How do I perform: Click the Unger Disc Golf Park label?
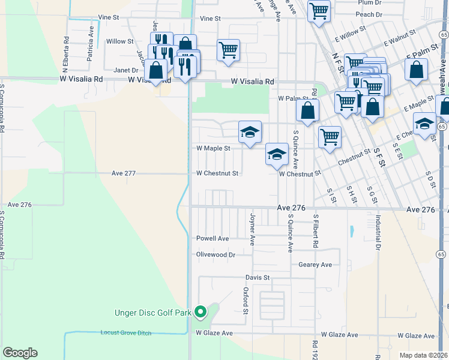pos(153,313)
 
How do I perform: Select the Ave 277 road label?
pos(124,173)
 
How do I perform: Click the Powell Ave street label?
pos(213,238)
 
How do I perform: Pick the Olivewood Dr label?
pos(215,254)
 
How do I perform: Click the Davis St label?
pos(258,278)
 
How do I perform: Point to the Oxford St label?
pos(246,300)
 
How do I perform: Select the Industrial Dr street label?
pos(378,233)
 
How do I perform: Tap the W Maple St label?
pos(214,148)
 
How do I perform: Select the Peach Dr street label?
pos(369,14)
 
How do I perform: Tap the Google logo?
pos(20,353)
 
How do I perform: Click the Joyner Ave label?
pos(253,229)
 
